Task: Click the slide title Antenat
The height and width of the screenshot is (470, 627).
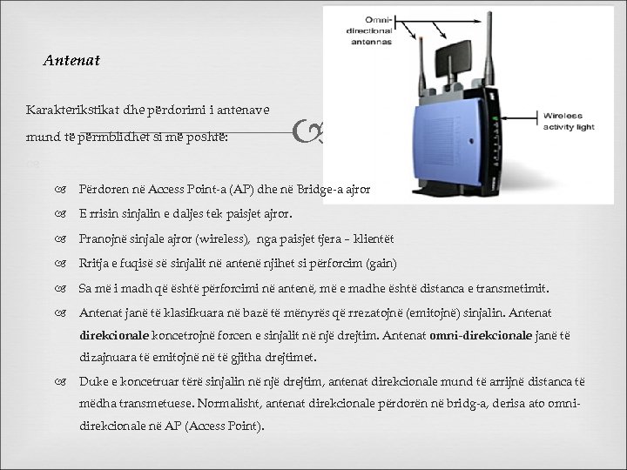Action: pyautogui.click(x=71, y=61)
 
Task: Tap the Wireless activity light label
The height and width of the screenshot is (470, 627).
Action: pyautogui.click(x=571, y=119)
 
